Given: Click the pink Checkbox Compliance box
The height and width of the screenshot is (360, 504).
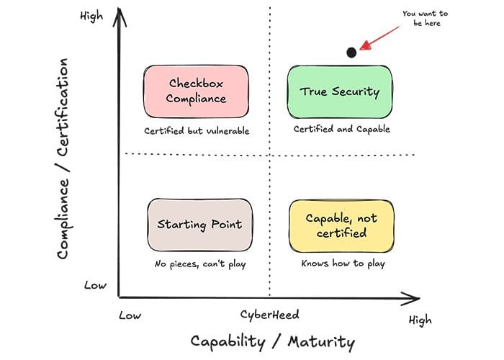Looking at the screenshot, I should pos(196,91).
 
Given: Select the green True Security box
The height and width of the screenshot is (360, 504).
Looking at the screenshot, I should pos(339,91).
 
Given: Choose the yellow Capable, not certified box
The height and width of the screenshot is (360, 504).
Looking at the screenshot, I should pos(341,225).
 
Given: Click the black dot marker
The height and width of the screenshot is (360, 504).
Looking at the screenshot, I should pos(351,53).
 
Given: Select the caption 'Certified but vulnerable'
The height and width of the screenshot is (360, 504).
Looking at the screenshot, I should pos(197,131).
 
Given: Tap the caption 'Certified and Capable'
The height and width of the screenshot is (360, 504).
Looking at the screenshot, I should pos(341,130).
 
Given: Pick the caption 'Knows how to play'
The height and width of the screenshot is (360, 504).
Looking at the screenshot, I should pos(343,264).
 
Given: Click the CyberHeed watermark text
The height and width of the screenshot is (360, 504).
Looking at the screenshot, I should pos(269,315).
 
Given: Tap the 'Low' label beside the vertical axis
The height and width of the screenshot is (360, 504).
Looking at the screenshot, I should pos(95,285).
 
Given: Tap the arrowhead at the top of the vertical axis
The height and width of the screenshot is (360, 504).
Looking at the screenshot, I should pos(119,14).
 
